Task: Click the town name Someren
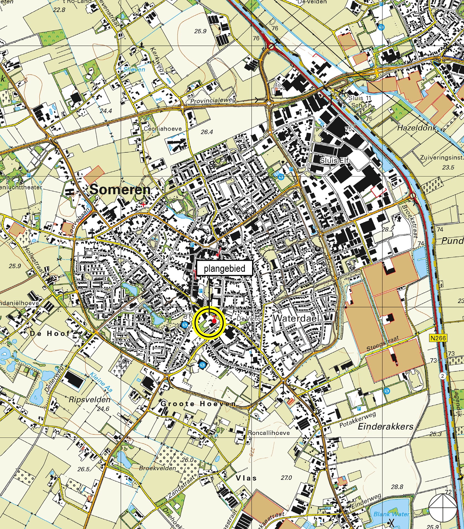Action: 120,190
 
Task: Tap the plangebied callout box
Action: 224,268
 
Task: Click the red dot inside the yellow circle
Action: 214,321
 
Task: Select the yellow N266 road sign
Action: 438,338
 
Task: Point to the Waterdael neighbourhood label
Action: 296,318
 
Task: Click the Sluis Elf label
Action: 334,160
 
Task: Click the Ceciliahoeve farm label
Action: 163,129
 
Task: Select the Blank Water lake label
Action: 391,514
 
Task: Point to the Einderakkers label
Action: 385,427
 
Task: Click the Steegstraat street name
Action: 383,344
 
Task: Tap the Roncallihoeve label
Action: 269,433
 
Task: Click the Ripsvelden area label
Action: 89,400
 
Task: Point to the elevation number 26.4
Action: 207,132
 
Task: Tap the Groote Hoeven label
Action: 198,404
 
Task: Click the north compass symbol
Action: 443,508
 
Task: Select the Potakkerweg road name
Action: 357,420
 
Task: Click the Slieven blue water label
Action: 134,69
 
